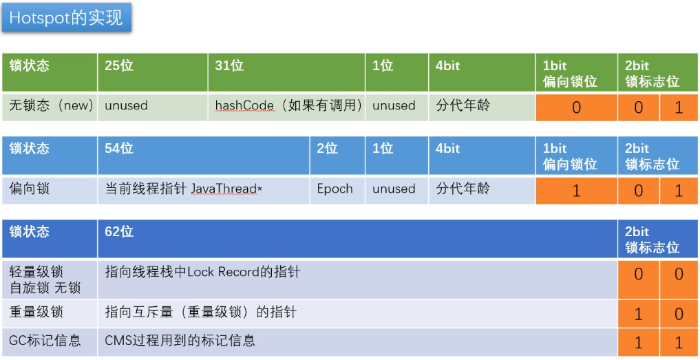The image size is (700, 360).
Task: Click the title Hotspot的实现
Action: pyautogui.click(x=66, y=18)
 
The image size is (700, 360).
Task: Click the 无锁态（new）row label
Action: pyautogui.click(x=50, y=106)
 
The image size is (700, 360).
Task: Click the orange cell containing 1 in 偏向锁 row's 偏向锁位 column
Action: pyautogui.click(x=576, y=191)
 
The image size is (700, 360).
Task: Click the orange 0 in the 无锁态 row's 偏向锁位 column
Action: pyautogui.click(x=576, y=107)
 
